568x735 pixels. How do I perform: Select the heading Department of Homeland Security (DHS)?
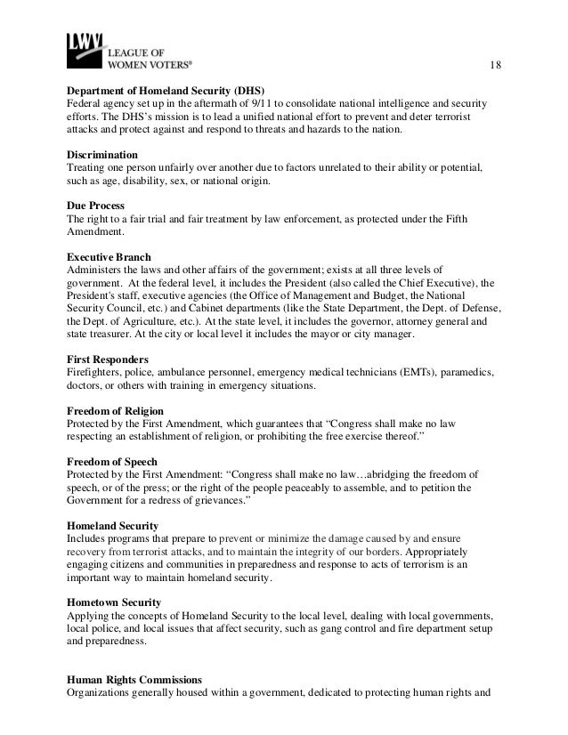[166, 92]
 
